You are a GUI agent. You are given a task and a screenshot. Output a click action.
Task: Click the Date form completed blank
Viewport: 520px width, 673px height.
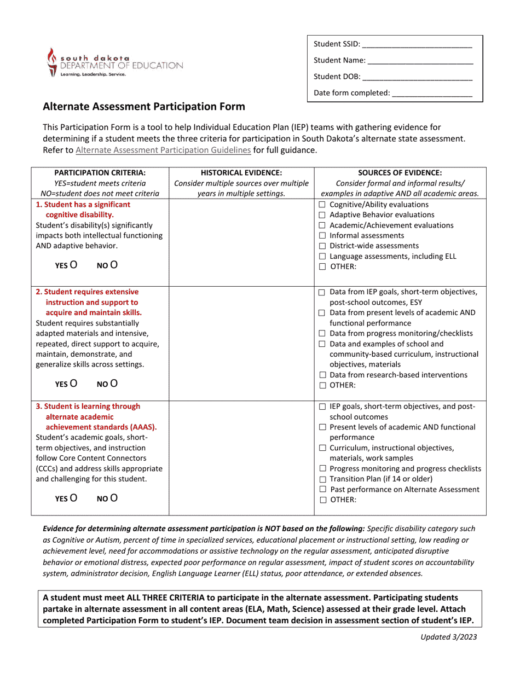point(432,94)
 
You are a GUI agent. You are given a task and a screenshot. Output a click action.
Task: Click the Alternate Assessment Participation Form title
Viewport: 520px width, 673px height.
point(144,107)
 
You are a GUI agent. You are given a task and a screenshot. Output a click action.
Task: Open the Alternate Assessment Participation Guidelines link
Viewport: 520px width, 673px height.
point(163,149)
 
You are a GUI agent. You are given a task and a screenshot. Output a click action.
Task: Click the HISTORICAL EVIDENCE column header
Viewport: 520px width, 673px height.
point(241,172)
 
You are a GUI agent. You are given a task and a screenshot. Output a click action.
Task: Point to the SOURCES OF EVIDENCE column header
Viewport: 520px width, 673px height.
point(400,172)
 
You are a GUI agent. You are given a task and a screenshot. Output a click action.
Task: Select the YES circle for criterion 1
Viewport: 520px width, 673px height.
point(73,265)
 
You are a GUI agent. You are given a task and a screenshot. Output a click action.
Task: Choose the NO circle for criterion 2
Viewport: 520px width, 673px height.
point(114,384)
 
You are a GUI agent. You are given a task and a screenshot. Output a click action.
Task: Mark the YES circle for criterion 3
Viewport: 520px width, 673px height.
point(73,498)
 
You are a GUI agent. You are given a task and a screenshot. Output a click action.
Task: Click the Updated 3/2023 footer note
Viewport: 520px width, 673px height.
point(447,637)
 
